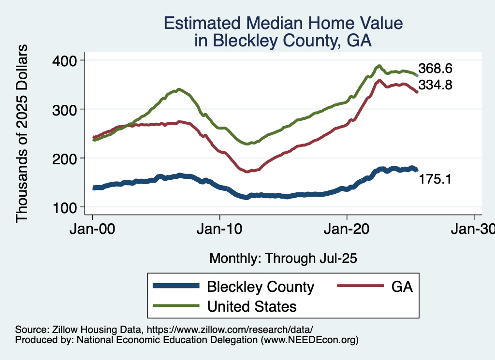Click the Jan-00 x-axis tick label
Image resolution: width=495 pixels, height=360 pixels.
[93, 228]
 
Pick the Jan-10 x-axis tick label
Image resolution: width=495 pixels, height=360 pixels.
[220, 228]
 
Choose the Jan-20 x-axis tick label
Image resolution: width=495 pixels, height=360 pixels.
[347, 228]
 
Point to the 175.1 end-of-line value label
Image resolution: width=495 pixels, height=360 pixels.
[435, 179]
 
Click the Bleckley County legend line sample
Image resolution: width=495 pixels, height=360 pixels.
[176, 287]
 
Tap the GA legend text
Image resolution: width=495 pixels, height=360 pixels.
[402, 287]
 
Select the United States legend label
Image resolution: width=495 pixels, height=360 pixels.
[251, 306]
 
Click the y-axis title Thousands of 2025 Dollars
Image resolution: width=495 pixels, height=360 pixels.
[22, 133]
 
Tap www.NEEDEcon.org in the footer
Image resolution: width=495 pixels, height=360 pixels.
[309, 340]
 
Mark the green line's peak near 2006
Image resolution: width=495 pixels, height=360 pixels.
[179, 89]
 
